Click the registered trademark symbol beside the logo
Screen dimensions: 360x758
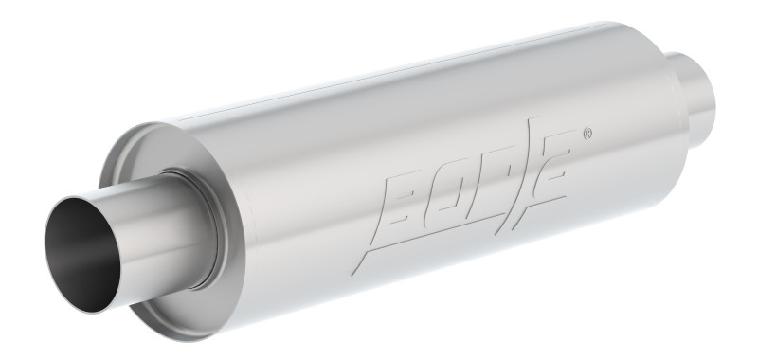click(589, 133)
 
